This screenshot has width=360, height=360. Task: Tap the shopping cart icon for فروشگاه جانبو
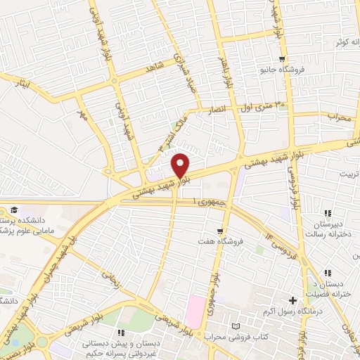281,59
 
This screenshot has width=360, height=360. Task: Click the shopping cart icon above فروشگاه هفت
221,231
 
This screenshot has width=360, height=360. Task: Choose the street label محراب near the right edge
339,118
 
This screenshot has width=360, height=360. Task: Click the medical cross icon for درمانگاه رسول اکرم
292,300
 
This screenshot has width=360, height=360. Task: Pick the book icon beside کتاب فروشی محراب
236,326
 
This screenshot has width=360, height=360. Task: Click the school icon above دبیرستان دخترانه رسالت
328,213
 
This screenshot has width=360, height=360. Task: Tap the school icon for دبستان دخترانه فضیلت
328,273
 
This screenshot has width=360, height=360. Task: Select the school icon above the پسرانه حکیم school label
121,332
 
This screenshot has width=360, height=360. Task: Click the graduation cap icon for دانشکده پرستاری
13,211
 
